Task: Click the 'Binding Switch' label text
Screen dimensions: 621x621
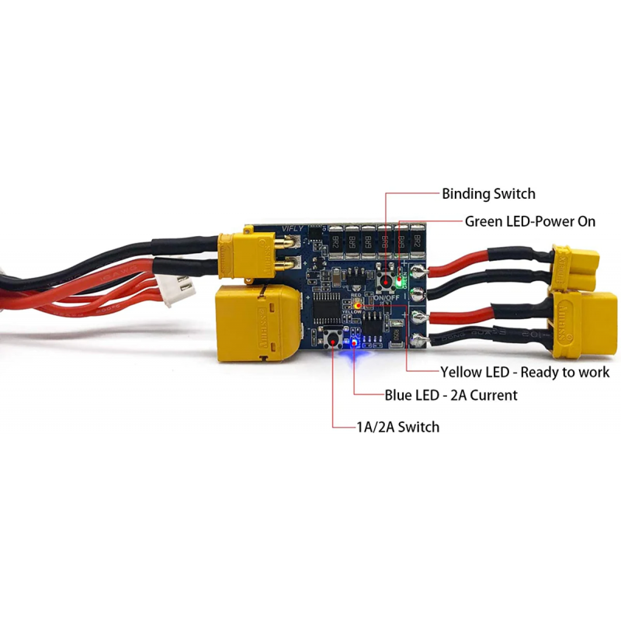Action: click(x=488, y=194)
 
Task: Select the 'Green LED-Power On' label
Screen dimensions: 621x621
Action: click(x=530, y=221)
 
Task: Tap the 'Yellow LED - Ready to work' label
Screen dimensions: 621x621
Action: click(x=525, y=373)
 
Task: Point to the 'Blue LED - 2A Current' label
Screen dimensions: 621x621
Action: click(x=451, y=395)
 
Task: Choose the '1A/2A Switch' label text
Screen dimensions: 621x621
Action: click(x=397, y=427)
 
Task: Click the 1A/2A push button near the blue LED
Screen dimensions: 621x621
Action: click(x=335, y=339)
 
